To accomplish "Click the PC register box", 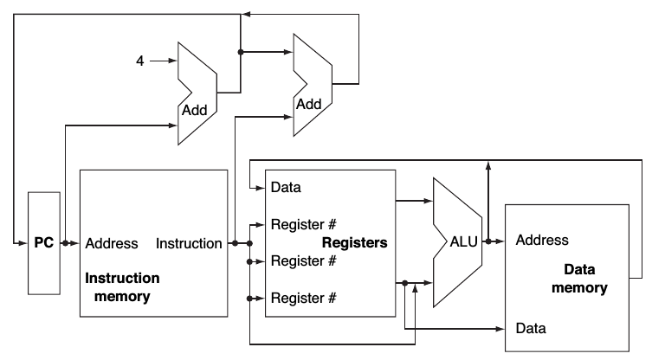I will coord(43,243).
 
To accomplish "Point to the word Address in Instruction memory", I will coord(112,243).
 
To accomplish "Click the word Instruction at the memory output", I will coord(189,243).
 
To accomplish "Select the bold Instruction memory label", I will coord(121,287).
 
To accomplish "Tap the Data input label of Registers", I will coord(286,187).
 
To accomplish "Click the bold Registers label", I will coord(354,243).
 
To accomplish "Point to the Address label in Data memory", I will coord(542,240).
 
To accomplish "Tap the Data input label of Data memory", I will coord(530,329).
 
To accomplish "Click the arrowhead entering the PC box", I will coord(23,243).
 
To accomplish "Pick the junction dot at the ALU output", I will coord(489,242).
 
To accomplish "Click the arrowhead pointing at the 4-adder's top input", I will coord(171,61).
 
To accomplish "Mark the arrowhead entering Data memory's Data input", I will coord(502,329).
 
